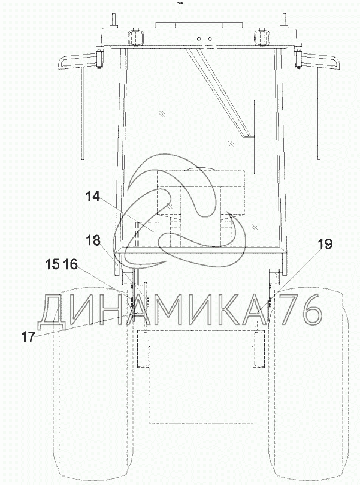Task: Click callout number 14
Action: click(93, 197)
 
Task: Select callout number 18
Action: click(93, 240)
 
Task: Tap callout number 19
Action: click(325, 244)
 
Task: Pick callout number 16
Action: click(71, 264)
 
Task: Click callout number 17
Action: click(28, 336)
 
